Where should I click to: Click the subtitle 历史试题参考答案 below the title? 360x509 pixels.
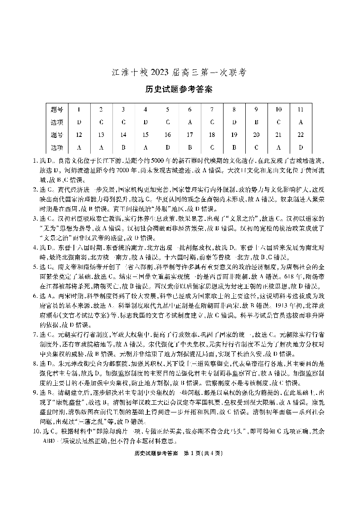180,89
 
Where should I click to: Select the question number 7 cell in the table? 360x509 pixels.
212,109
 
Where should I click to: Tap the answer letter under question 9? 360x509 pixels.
256,122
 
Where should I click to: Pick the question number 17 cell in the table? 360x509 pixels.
190,135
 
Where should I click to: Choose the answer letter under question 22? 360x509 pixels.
301,147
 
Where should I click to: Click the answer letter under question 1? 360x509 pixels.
79,122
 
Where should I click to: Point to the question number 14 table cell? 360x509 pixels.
123,135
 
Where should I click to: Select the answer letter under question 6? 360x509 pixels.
190,122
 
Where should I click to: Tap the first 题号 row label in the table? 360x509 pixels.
57,109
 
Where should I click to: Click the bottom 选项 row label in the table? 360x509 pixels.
57,147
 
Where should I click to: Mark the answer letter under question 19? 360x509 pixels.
234,147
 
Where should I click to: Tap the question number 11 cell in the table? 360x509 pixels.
301,109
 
